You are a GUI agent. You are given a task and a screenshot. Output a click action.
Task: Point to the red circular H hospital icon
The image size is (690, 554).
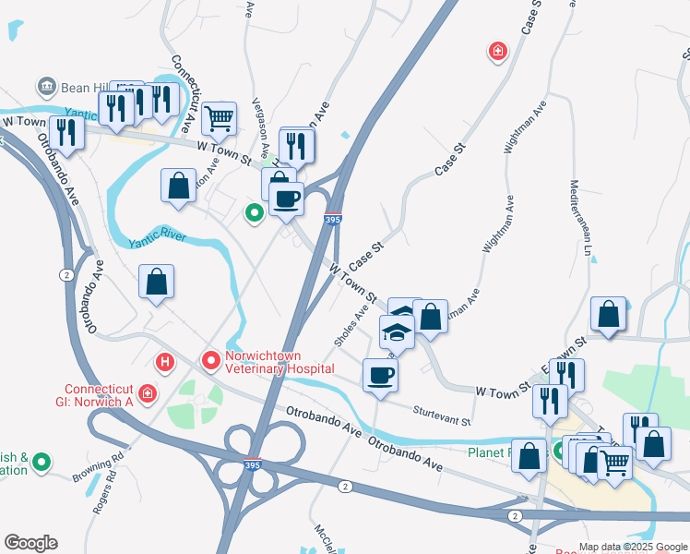[x=166, y=361]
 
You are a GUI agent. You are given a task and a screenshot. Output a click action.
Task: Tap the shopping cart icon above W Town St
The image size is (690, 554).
[x=219, y=117]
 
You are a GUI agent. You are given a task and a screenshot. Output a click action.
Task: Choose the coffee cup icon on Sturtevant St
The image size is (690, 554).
[x=379, y=375]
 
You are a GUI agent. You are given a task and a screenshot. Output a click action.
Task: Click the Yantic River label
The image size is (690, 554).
[x=158, y=238]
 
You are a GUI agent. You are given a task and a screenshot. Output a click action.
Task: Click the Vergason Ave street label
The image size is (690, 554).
[x=260, y=129]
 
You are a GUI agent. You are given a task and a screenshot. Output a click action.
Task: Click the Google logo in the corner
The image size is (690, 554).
[x=30, y=542]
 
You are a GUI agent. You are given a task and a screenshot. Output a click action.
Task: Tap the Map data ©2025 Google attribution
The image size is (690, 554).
[x=632, y=547]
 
